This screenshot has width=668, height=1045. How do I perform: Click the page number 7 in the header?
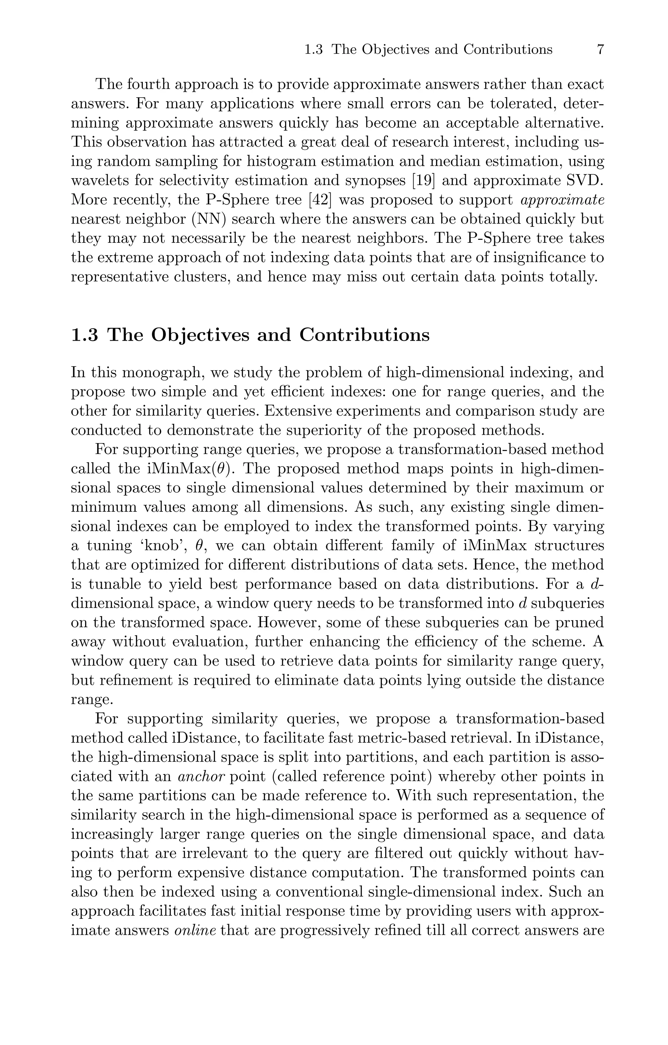click(x=600, y=50)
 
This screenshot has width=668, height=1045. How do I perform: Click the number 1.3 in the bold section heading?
click(x=84, y=335)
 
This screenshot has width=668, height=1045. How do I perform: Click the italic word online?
click(x=195, y=930)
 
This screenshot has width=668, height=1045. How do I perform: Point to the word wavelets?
click(x=99, y=180)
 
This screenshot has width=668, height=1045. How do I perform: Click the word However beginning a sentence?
click(x=288, y=622)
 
